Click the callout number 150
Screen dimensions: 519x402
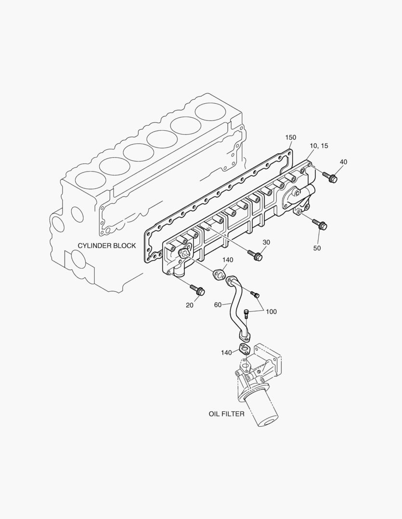click(290, 137)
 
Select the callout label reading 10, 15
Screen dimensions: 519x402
click(319, 146)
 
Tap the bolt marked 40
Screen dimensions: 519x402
click(331, 178)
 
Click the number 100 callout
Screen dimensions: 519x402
click(271, 312)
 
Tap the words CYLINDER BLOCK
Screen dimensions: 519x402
click(107, 246)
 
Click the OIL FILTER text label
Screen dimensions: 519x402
click(226, 414)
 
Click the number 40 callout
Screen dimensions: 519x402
click(343, 162)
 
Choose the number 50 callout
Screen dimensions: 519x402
click(317, 248)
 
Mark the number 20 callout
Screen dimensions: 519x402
click(190, 305)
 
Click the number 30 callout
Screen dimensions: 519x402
click(266, 242)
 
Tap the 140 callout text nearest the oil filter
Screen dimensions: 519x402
click(226, 353)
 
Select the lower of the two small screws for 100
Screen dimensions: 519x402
click(247, 314)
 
